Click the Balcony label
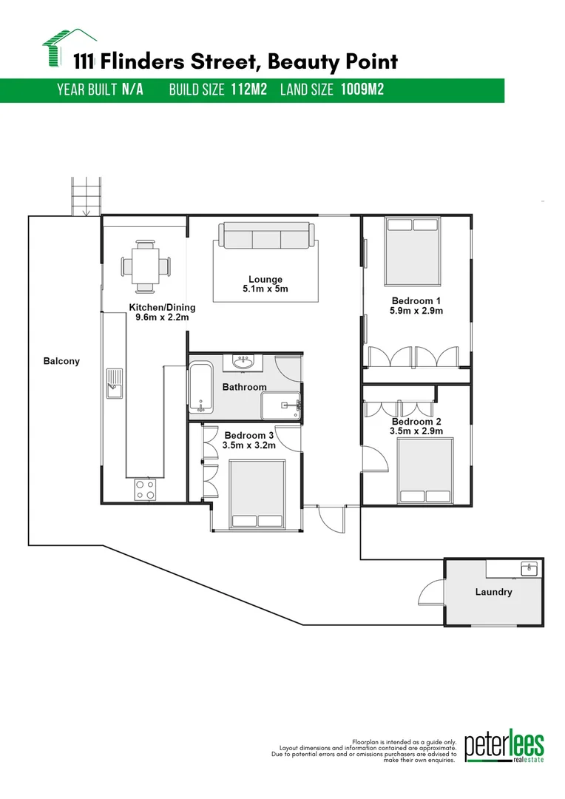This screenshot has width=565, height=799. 61,362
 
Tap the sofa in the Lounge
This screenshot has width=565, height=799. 265,237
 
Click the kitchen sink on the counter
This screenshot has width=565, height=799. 114,383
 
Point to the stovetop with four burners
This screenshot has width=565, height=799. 145,490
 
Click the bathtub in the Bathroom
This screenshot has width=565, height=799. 200,388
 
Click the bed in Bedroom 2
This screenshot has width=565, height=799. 424,471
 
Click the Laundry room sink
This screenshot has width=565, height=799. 528,569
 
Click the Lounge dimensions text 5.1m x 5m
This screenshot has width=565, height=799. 265,289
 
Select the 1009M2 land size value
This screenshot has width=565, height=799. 362,90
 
